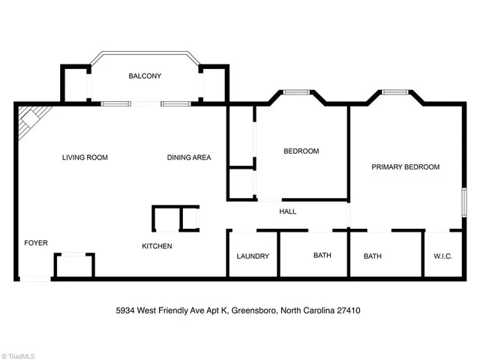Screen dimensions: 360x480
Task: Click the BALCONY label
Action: coord(144,76)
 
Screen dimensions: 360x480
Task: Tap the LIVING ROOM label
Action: coord(85,157)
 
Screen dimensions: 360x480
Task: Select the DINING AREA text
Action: coord(188,157)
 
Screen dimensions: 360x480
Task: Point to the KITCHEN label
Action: coord(157,246)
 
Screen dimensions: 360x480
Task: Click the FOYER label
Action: coord(36,242)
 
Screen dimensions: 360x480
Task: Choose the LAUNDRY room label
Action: coord(253,256)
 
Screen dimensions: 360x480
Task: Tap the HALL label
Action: coord(287,211)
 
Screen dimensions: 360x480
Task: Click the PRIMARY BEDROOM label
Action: coord(405,166)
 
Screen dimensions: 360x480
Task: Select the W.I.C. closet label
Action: coord(442,256)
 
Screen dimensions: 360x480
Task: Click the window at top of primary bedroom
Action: coord(394,92)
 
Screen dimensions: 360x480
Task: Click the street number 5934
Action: coord(127,309)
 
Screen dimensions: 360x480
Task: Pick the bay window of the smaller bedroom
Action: coord(295,92)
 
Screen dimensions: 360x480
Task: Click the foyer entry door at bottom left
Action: coord(34,279)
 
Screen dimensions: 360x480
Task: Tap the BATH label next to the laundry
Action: coord(322,256)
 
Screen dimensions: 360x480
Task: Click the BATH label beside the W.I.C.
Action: coord(373,256)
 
